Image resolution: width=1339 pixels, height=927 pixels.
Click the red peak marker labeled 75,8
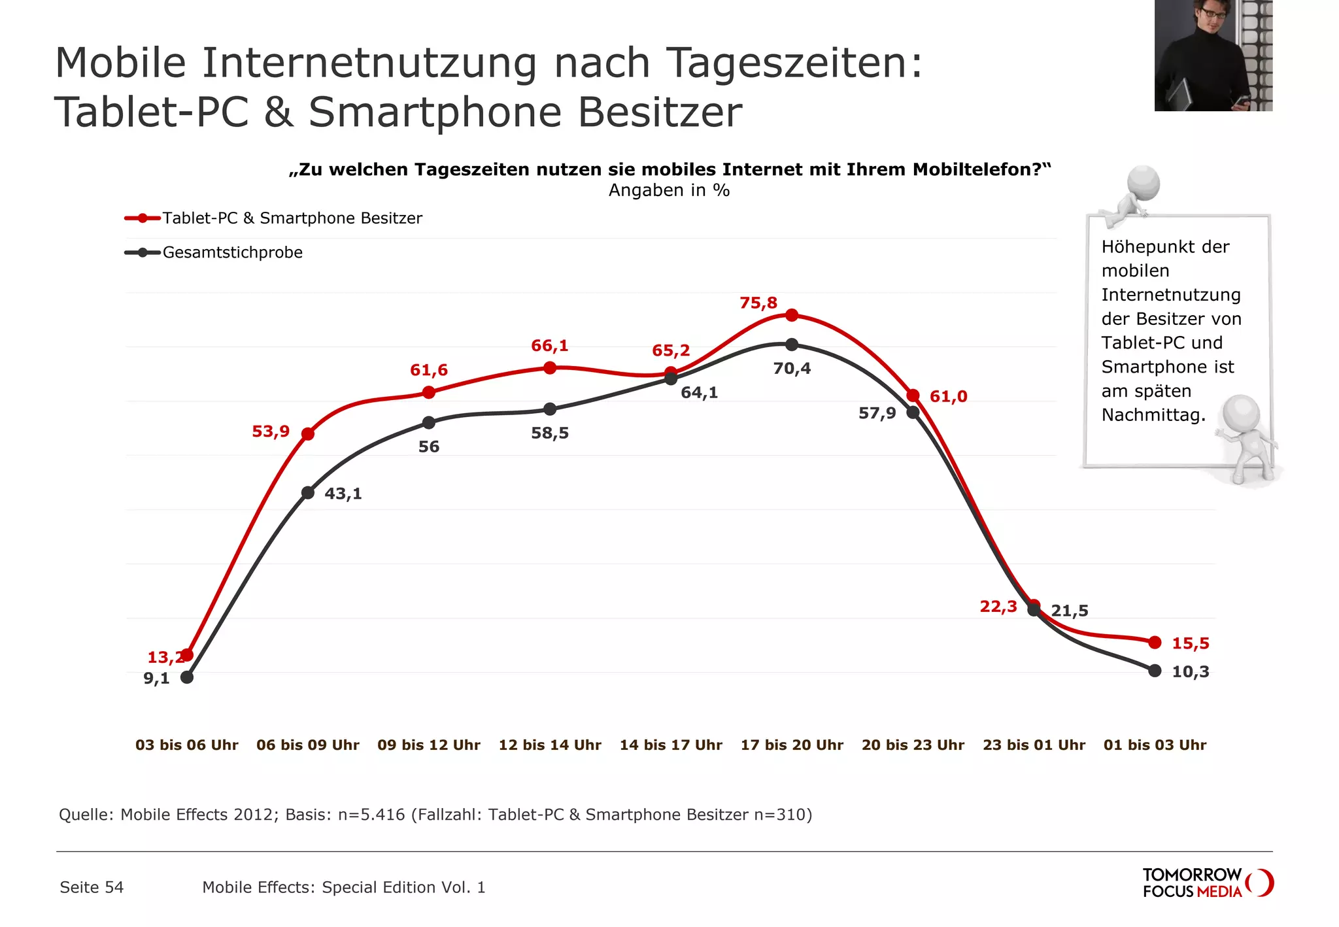pos(792,315)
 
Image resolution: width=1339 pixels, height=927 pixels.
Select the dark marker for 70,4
pos(792,345)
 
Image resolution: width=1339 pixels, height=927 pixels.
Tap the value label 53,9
pos(271,431)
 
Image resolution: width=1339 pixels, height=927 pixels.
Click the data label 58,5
pos(550,433)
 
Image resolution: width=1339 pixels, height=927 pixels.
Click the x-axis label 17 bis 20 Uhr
pos(792,745)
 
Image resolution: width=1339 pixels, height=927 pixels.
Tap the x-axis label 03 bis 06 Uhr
pos(187,745)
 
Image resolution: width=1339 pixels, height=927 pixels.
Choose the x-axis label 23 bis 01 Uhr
pos(1034,745)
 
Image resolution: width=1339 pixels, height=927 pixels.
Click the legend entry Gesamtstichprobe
pos(232,252)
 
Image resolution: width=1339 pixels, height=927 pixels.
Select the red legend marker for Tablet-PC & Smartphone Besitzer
pos(143,218)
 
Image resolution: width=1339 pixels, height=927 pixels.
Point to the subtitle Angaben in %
pos(669,190)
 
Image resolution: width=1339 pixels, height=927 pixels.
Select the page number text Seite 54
pos(92,888)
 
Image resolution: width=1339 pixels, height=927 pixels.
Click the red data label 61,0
pos(948,397)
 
